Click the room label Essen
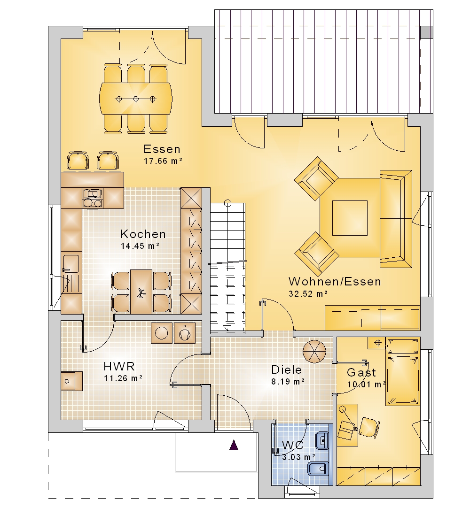(x=162, y=149)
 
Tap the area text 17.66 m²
(x=163, y=161)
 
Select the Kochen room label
(x=143, y=234)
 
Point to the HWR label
(x=119, y=366)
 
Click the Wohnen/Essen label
(x=335, y=282)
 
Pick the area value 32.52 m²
(x=308, y=293)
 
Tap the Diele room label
(x=287, y=369)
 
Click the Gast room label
(x=361, y=372)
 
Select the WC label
(x=293, y=445)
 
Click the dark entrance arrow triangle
(x=234, y=445)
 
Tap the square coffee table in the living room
(x=350, y=218)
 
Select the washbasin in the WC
(x=322, y=440)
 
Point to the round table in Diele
(x=314, y=352)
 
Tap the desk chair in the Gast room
(x=369, y=427)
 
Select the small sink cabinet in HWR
(x=71, y=381)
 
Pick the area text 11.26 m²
(x=123, y=378)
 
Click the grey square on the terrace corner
(x=426, y=32)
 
